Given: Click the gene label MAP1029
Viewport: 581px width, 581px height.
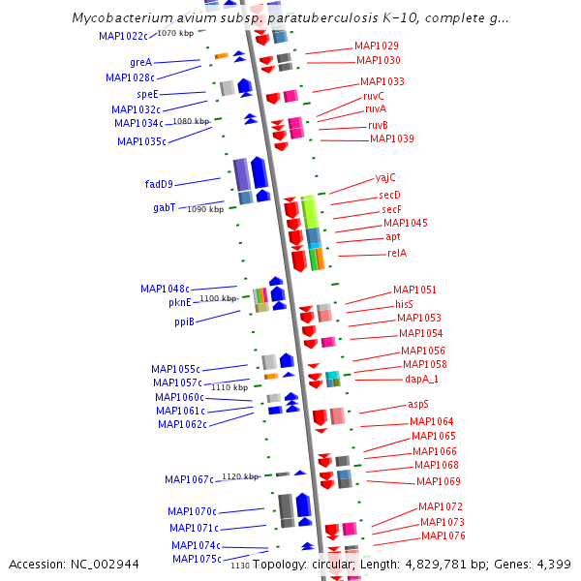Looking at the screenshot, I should [376, 46].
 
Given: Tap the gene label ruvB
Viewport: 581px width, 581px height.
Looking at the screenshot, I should [378, 125].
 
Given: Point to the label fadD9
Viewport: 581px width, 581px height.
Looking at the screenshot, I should [159, 184].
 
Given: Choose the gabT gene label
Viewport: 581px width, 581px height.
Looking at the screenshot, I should [164, 208].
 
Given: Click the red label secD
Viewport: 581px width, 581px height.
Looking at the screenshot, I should [390, 195].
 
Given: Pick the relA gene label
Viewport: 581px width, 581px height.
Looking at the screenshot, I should [397, 253].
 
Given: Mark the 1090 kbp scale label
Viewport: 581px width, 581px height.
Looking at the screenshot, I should [205, 208].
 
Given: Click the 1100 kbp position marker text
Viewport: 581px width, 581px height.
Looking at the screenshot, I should [218, 298].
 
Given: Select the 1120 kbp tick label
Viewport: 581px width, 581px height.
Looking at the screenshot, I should [240, 476].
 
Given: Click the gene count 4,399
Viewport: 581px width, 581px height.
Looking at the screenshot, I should [553, 564].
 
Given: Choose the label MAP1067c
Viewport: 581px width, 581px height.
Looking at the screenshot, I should [189, 479].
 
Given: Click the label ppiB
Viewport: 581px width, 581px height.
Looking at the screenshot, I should [184, 321].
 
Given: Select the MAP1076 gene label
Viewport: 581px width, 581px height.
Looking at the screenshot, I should [443, 535].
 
